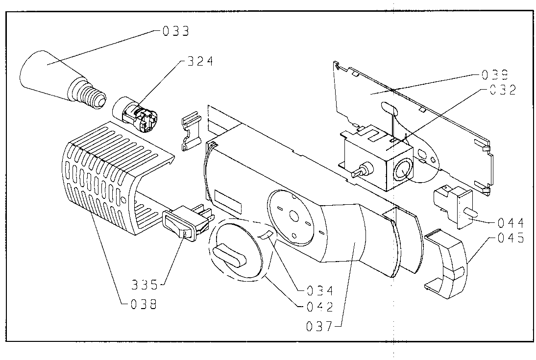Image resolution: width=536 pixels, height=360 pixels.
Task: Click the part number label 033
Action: pos(176,31)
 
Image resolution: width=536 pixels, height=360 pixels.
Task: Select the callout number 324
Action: pos(200,61)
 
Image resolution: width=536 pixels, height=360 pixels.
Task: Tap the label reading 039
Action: pos(495,75)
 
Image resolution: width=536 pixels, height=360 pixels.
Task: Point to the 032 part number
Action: pos(503,90)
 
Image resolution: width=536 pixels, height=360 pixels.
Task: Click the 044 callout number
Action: pos(511,223)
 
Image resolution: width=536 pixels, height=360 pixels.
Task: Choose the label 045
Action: pos(511,238)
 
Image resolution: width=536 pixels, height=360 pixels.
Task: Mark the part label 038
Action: pos(144,304)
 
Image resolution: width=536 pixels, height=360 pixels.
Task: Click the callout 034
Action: pos(320,290)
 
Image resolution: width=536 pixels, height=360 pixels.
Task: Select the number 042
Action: pos(320,307)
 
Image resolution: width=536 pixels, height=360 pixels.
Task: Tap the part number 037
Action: pos(319,327)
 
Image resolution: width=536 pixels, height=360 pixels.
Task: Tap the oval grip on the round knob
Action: pos(229,255)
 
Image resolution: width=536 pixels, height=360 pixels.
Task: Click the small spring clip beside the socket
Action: pos(191,131)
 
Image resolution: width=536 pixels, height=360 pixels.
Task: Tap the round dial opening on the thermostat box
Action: pos(403,170)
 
